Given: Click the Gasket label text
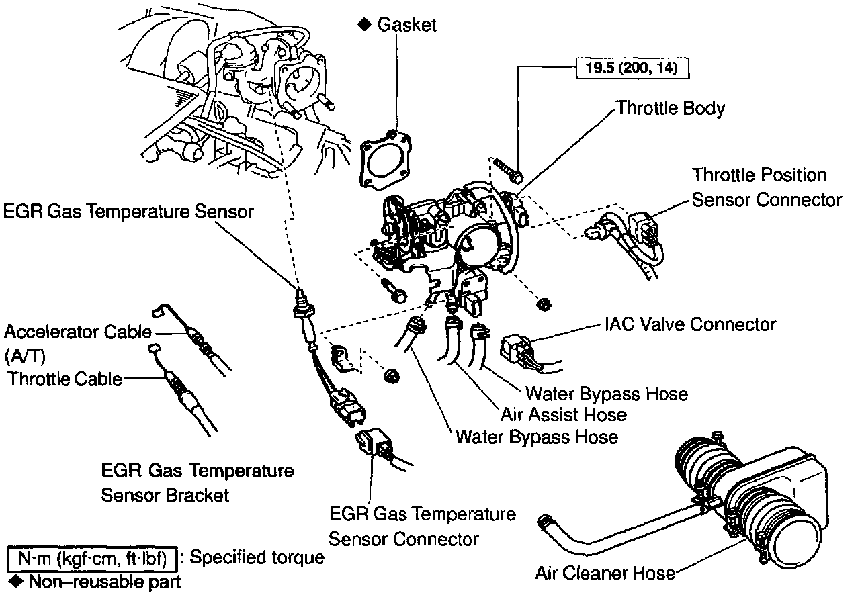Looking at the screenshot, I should pos(406,25).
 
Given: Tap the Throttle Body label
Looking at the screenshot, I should pos(671,107).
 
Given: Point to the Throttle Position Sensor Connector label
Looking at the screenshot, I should pos(767,187).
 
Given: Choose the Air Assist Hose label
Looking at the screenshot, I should pos(563,414).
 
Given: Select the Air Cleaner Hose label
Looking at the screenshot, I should pos(605,573).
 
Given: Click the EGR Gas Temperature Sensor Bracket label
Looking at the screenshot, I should pos(197,482).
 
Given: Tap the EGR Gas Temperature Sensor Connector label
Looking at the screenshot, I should pos(423,527).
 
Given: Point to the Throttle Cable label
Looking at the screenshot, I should pos(65,379).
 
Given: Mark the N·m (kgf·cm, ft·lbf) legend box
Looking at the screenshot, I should pos(92,557).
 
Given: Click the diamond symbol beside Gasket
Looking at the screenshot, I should pos(363,24).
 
